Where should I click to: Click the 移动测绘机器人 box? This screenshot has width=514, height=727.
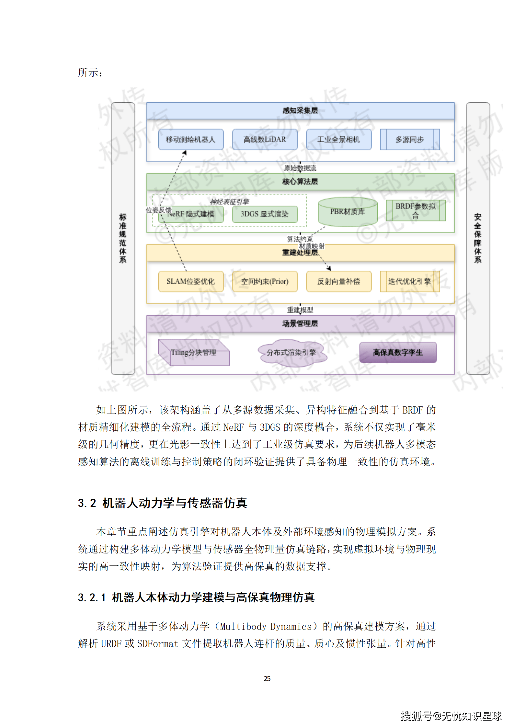click(191, 140)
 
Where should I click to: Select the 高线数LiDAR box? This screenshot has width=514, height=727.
click(265, 140)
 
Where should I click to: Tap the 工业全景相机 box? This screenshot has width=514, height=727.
click(338, 140)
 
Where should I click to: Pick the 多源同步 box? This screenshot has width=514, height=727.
click(410, 140)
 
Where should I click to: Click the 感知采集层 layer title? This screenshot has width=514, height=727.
click(300, 111)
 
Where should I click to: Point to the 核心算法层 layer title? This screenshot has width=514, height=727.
click(300, 182)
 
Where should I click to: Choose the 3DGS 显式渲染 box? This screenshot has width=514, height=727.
click(265, 214)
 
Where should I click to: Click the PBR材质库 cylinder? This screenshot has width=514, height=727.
click(348, 212)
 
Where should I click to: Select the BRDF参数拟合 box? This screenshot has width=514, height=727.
click(416, 210)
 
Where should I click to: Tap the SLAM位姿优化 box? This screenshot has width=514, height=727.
click(191, 281)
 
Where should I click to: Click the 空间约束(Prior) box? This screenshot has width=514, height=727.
click(265, 281)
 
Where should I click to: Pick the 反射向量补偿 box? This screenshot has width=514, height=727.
click(338, 281)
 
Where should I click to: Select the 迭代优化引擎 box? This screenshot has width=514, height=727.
click(410, 281)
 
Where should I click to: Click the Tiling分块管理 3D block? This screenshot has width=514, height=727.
click(194, 353)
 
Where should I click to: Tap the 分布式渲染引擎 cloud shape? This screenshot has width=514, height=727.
click(291, 353)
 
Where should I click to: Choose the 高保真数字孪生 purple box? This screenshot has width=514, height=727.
click(398, 353)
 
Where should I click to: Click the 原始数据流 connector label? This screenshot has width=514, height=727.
click(300, 168)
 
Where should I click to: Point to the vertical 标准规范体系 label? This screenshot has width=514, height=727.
click(123, 238)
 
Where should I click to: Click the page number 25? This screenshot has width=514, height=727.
click(267, 678)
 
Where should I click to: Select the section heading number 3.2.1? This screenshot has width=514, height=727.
click(92, 597)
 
